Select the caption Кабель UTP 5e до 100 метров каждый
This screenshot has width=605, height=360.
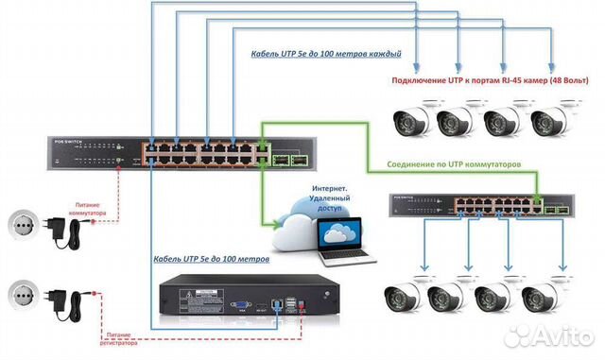pos(326,54)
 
